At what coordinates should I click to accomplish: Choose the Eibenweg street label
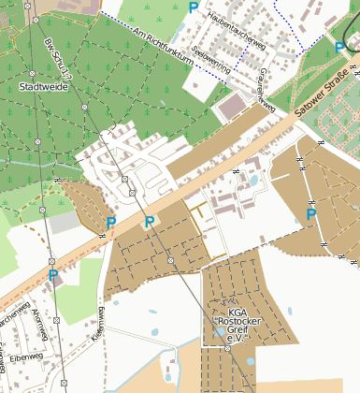tap(28, 357)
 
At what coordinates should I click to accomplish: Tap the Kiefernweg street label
tap(95, 323)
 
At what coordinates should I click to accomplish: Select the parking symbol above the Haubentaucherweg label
tap(194, 7)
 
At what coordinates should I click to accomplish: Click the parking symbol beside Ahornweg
tap(53, 276)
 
